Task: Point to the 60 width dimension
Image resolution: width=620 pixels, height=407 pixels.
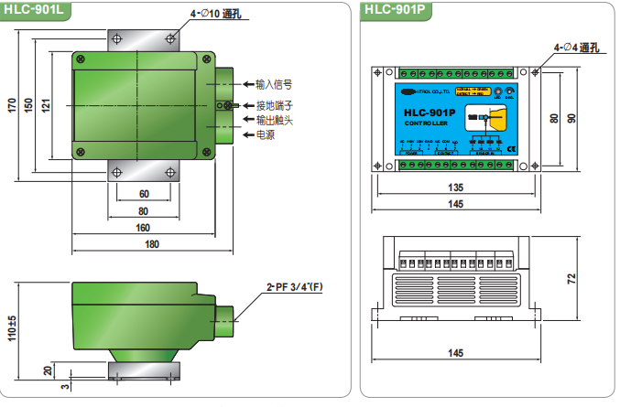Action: pyautogui.click(x=144, y=195)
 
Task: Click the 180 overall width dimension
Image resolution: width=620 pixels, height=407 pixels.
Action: pyautogui.click(x=152, y=244)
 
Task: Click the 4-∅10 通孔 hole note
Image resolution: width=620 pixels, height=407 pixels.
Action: pyautogui.click(x=216, y=15)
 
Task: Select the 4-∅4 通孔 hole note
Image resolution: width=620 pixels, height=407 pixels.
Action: pyautogui.click(x=575, y=46)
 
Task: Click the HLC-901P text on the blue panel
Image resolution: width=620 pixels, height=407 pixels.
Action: pyautogui.click(x=430, y=113)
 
